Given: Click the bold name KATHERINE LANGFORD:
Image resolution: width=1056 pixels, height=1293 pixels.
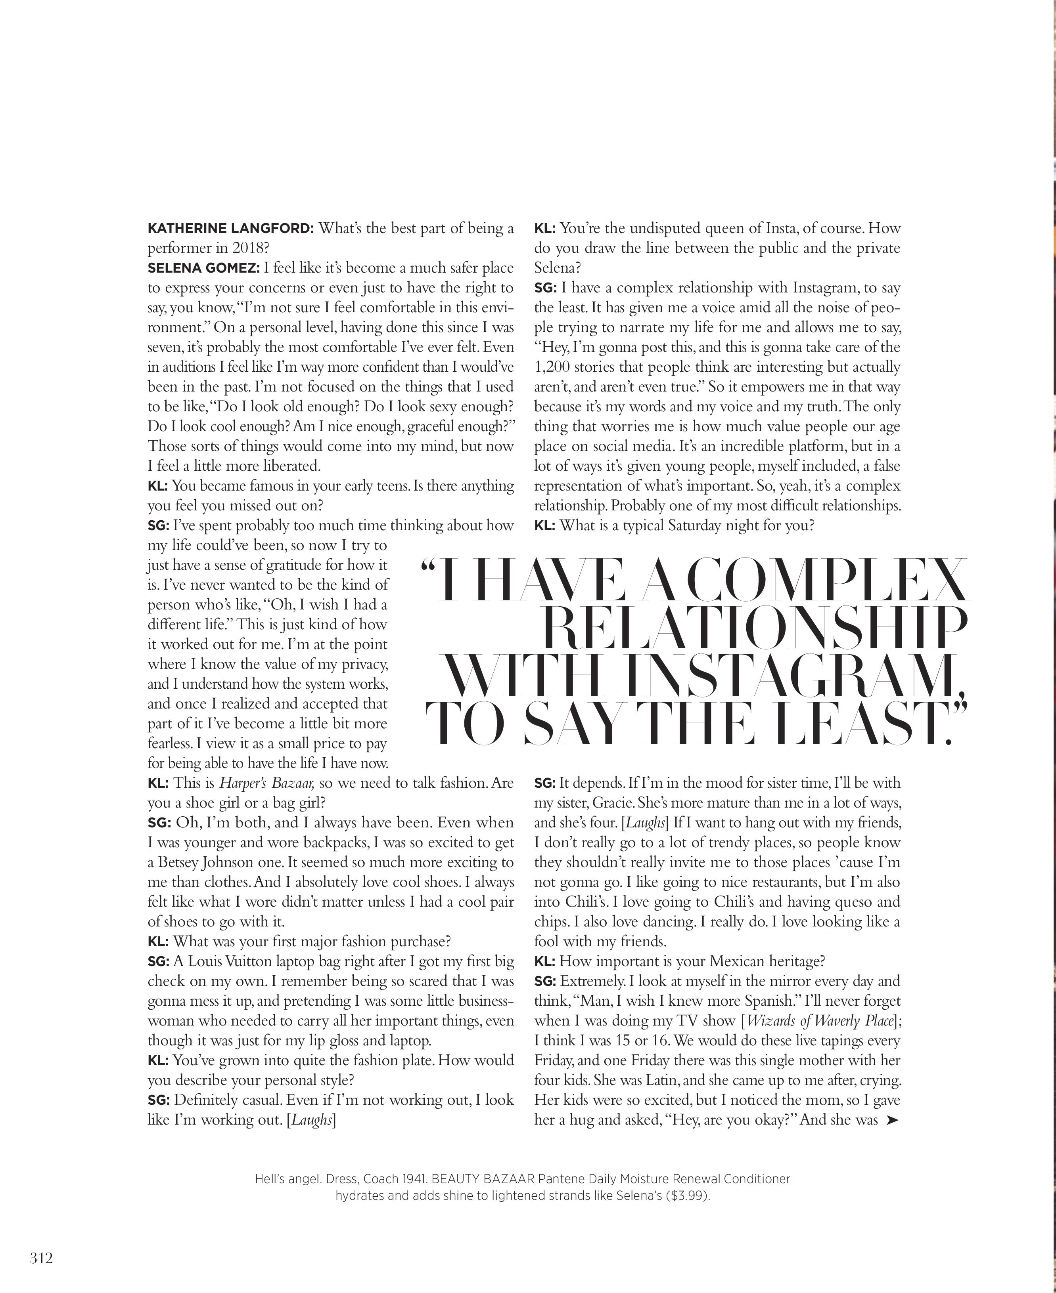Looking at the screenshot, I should [x=230, y=229].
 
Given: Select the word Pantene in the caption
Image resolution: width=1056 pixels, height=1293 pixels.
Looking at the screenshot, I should [x=560, y=1179].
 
